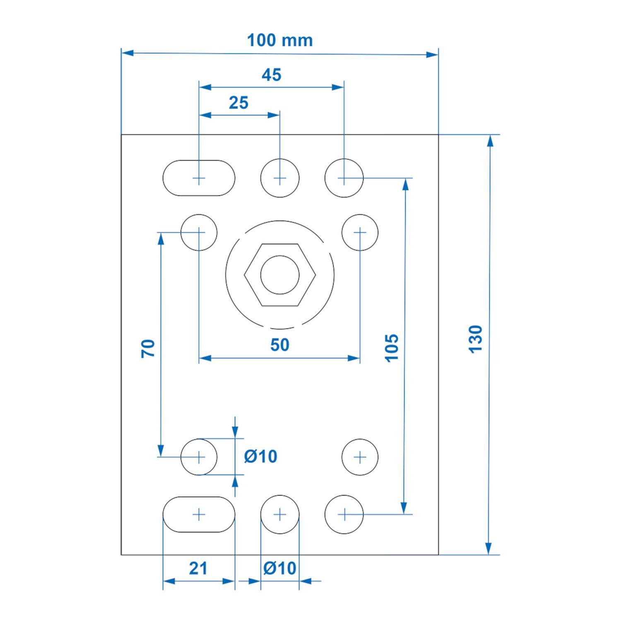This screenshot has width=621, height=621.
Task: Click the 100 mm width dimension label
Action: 279,41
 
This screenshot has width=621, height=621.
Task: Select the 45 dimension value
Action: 271,75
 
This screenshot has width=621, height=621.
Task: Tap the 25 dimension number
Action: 238,103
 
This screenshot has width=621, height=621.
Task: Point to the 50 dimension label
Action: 279,345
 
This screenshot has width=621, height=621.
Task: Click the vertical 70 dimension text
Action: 148,348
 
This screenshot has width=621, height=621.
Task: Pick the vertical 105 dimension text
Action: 391,348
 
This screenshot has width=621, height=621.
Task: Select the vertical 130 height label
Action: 476,339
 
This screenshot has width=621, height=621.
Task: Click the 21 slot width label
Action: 198,568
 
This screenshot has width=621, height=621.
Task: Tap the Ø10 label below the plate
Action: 280,568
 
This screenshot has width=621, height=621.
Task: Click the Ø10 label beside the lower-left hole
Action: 260,456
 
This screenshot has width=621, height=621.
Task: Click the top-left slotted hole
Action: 199,178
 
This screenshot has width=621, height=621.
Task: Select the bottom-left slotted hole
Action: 199,514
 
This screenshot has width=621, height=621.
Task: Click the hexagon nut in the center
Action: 280,275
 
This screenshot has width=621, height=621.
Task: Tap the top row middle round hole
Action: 280,178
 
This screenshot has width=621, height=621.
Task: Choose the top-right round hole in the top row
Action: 344,178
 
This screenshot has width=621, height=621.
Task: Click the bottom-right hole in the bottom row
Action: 344,514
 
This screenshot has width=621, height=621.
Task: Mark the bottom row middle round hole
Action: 280,514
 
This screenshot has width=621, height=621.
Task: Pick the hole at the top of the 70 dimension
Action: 199,232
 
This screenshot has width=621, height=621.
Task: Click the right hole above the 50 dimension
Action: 360,232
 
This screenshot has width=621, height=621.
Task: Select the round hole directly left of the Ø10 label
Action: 199,457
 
